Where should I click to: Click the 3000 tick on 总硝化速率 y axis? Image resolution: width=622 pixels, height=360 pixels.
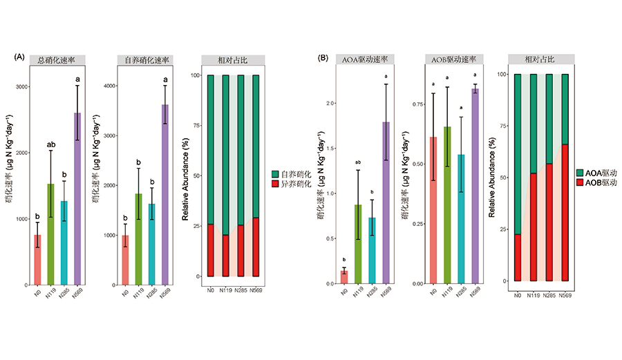tap(21, 87)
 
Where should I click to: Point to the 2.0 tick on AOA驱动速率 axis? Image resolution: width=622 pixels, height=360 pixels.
tap(330, 104)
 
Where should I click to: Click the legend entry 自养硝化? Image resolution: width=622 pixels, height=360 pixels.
tap(296, 176)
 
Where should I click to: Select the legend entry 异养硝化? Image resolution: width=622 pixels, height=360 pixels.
tap(296, 185)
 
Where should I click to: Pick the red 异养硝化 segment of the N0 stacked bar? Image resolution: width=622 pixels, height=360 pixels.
tap(211, 250)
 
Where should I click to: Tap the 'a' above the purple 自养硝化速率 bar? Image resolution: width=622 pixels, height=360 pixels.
tap(166, 79)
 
